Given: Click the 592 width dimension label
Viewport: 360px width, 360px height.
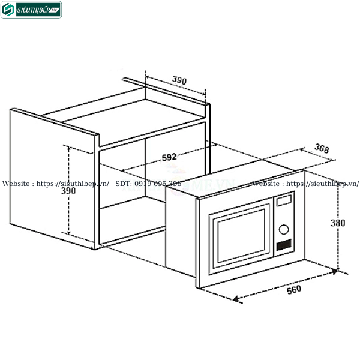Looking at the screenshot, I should (x=169, y=157).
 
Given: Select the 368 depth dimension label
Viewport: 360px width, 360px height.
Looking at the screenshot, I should (x=321, y=149).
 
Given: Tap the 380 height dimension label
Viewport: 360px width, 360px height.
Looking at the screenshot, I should (x=338, y=223).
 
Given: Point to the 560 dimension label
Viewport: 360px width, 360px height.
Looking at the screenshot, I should (x=293, y=290).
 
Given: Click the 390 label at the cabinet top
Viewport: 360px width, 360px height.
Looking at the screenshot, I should (x=179, y=80).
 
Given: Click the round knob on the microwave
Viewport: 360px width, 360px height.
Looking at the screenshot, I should (x=284, y=229).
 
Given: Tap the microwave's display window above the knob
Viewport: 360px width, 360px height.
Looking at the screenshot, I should (x=284, y=200).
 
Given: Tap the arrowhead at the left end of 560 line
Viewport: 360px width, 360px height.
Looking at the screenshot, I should (x=236, y=298).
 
